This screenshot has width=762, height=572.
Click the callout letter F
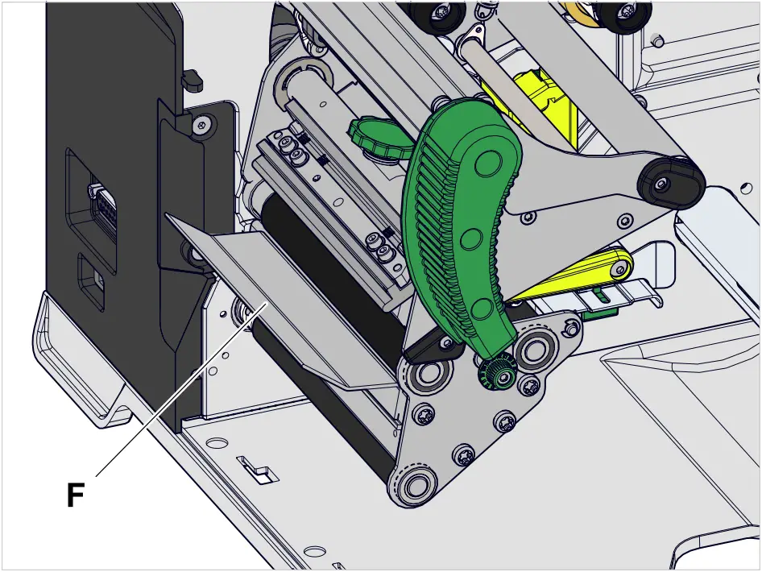(76, 495)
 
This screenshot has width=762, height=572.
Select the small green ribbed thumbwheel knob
(375, 137)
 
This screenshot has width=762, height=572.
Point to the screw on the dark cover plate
(202, 125)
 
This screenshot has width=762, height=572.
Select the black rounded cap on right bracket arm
(671, 182)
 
